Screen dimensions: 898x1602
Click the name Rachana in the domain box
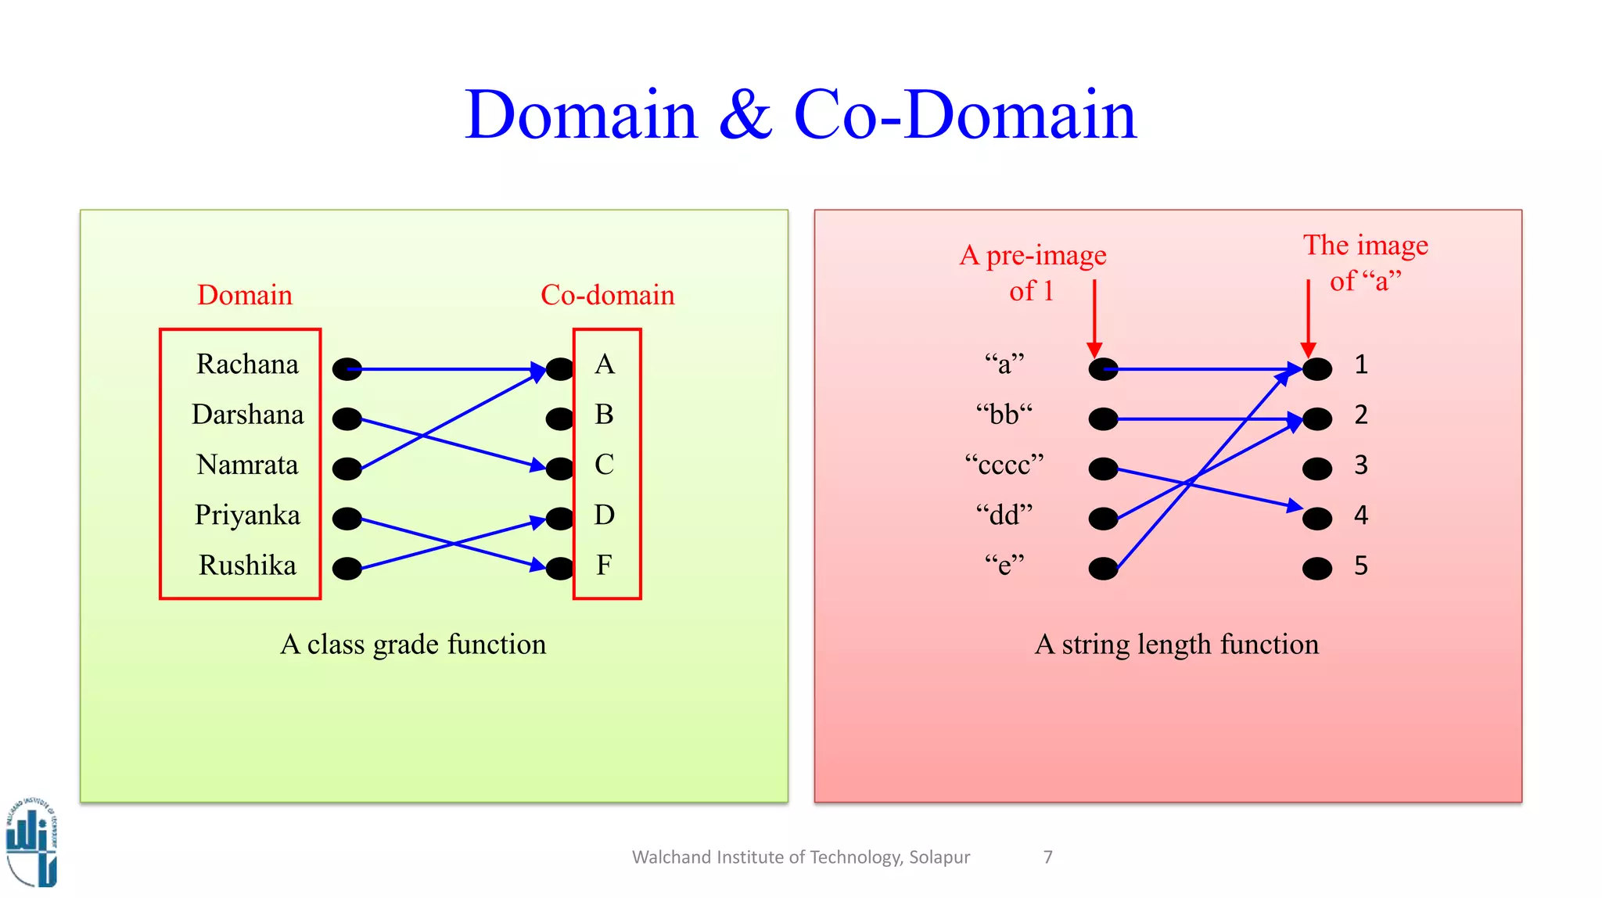[x=247, y=365]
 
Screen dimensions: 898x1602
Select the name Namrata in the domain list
[x=247, y=465]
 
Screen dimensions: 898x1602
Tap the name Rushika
[x=247, y=566]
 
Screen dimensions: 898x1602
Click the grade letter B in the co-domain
[x=604, y=415]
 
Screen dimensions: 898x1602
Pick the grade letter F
[x=604, y=566]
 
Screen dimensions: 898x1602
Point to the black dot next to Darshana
[x=347, y=419]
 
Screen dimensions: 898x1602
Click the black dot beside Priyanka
[x=347, y=519]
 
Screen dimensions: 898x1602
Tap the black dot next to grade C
[x=560, y=469]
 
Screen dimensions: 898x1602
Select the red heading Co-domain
[x=607, y=296]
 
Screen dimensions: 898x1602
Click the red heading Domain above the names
[x=245, y=296]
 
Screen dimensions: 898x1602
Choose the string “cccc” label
[x=1004, y=465]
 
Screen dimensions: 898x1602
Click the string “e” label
[x=1004, y=566]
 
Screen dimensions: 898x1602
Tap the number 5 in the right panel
[x=1361, y=566]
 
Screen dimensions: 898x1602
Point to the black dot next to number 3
[x=1317, y=469]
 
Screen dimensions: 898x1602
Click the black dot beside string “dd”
[x=1103, y=519]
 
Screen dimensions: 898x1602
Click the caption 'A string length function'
[x=1176, y=645]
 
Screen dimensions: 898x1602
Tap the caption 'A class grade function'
[x=413, y=645]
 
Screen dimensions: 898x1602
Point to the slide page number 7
[x=1048, y=857]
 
